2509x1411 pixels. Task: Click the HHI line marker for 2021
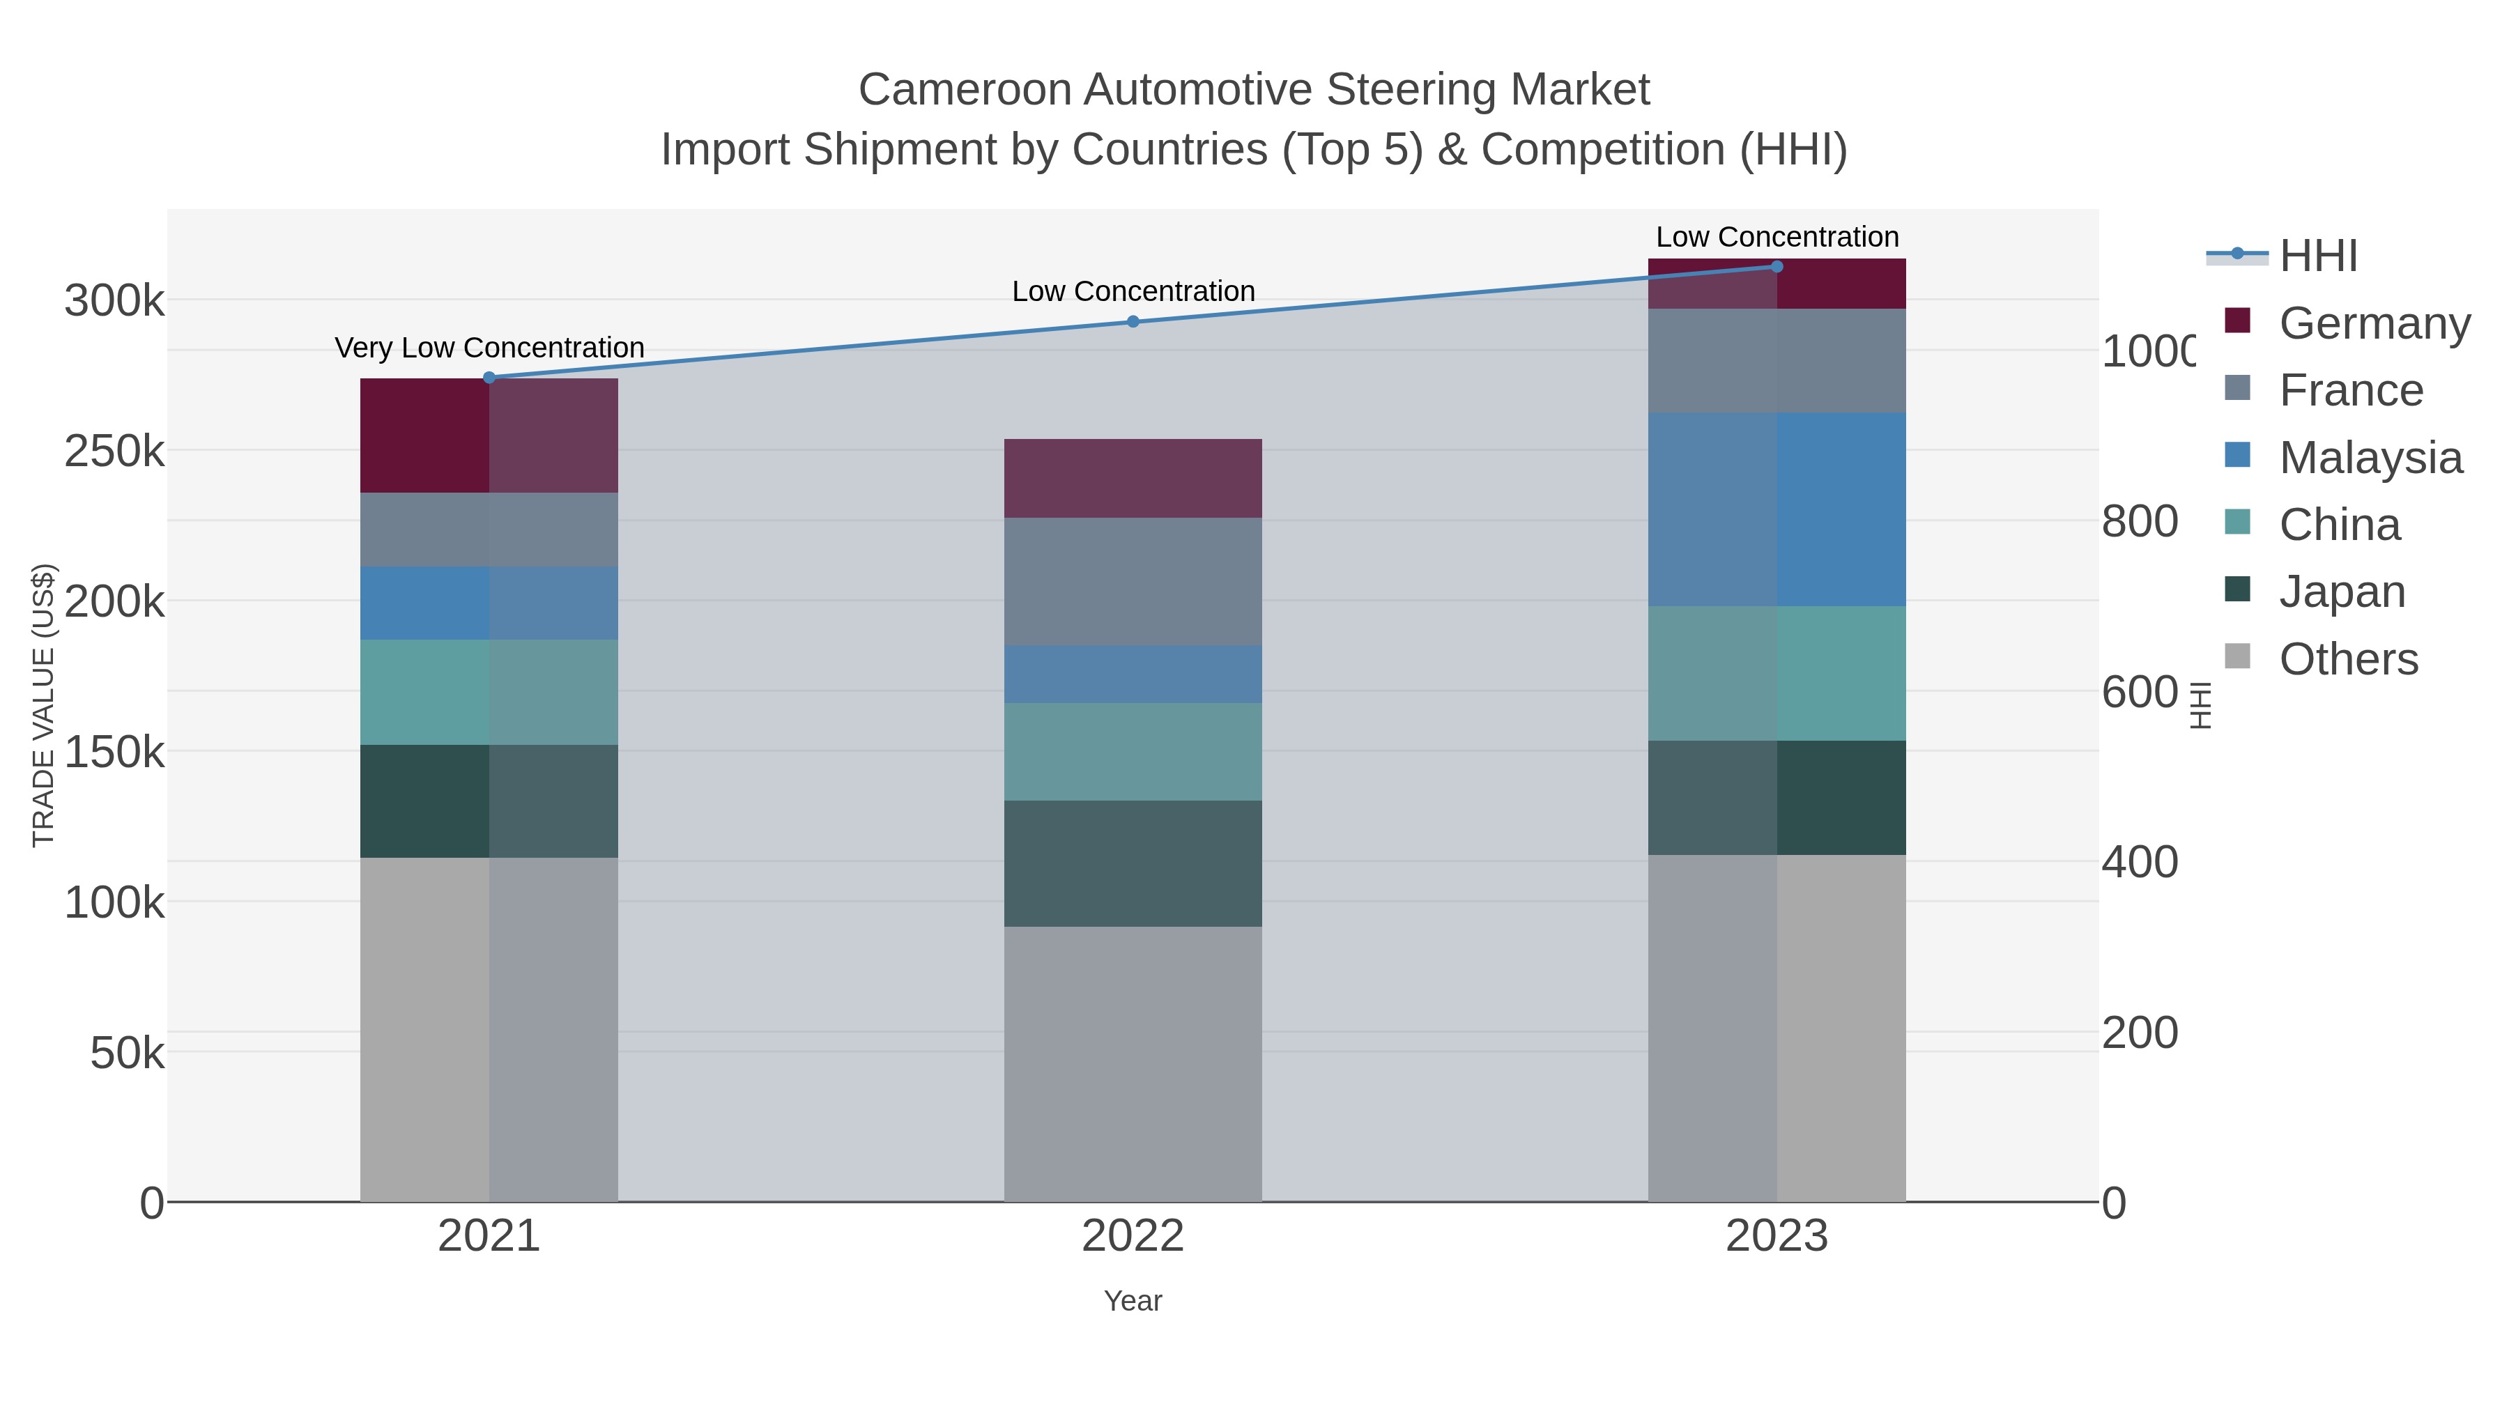(489, 378)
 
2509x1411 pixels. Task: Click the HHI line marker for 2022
(1133, 321)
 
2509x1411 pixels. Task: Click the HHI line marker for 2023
(1777, 267)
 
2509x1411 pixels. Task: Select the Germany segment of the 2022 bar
(1133, 478)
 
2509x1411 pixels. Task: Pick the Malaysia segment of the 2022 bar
(1133, 674)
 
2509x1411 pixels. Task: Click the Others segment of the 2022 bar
(1133, 1063)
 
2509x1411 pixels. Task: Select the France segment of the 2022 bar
(1133, 581)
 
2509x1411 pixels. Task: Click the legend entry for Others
(2347, 659)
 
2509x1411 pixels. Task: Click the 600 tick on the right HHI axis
(2139, 693)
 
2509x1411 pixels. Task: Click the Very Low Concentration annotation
(489, 348)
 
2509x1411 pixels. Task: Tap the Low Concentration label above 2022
(1133, 291)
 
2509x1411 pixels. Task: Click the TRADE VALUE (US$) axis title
(44, 705)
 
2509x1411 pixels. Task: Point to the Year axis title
(1133, 1301)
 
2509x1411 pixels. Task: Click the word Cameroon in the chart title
(965, 90)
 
